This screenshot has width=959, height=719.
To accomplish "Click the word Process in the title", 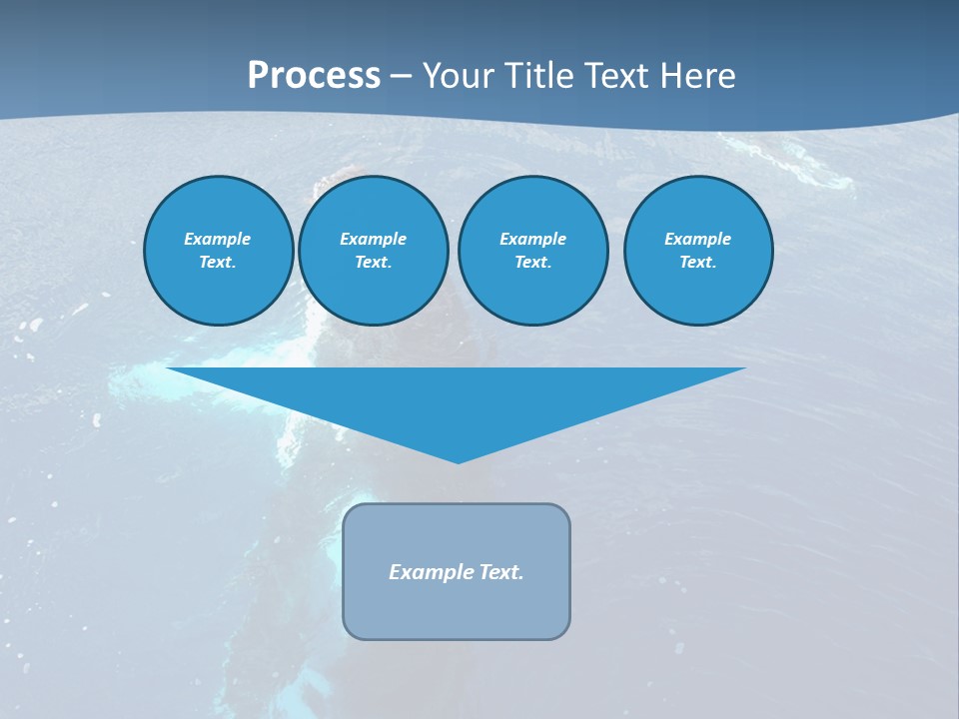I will [314, 76].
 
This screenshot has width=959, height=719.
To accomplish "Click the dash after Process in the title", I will [402, 77].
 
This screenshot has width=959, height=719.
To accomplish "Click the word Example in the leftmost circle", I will [218, 239].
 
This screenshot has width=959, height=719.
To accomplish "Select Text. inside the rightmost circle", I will [698, 262].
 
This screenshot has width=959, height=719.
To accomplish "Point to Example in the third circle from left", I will [532, 239].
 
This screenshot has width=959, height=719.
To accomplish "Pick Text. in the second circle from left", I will [373, 262].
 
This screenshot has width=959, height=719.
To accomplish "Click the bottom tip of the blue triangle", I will [459, 460].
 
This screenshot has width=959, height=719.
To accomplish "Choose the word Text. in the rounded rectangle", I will [501, 572].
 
